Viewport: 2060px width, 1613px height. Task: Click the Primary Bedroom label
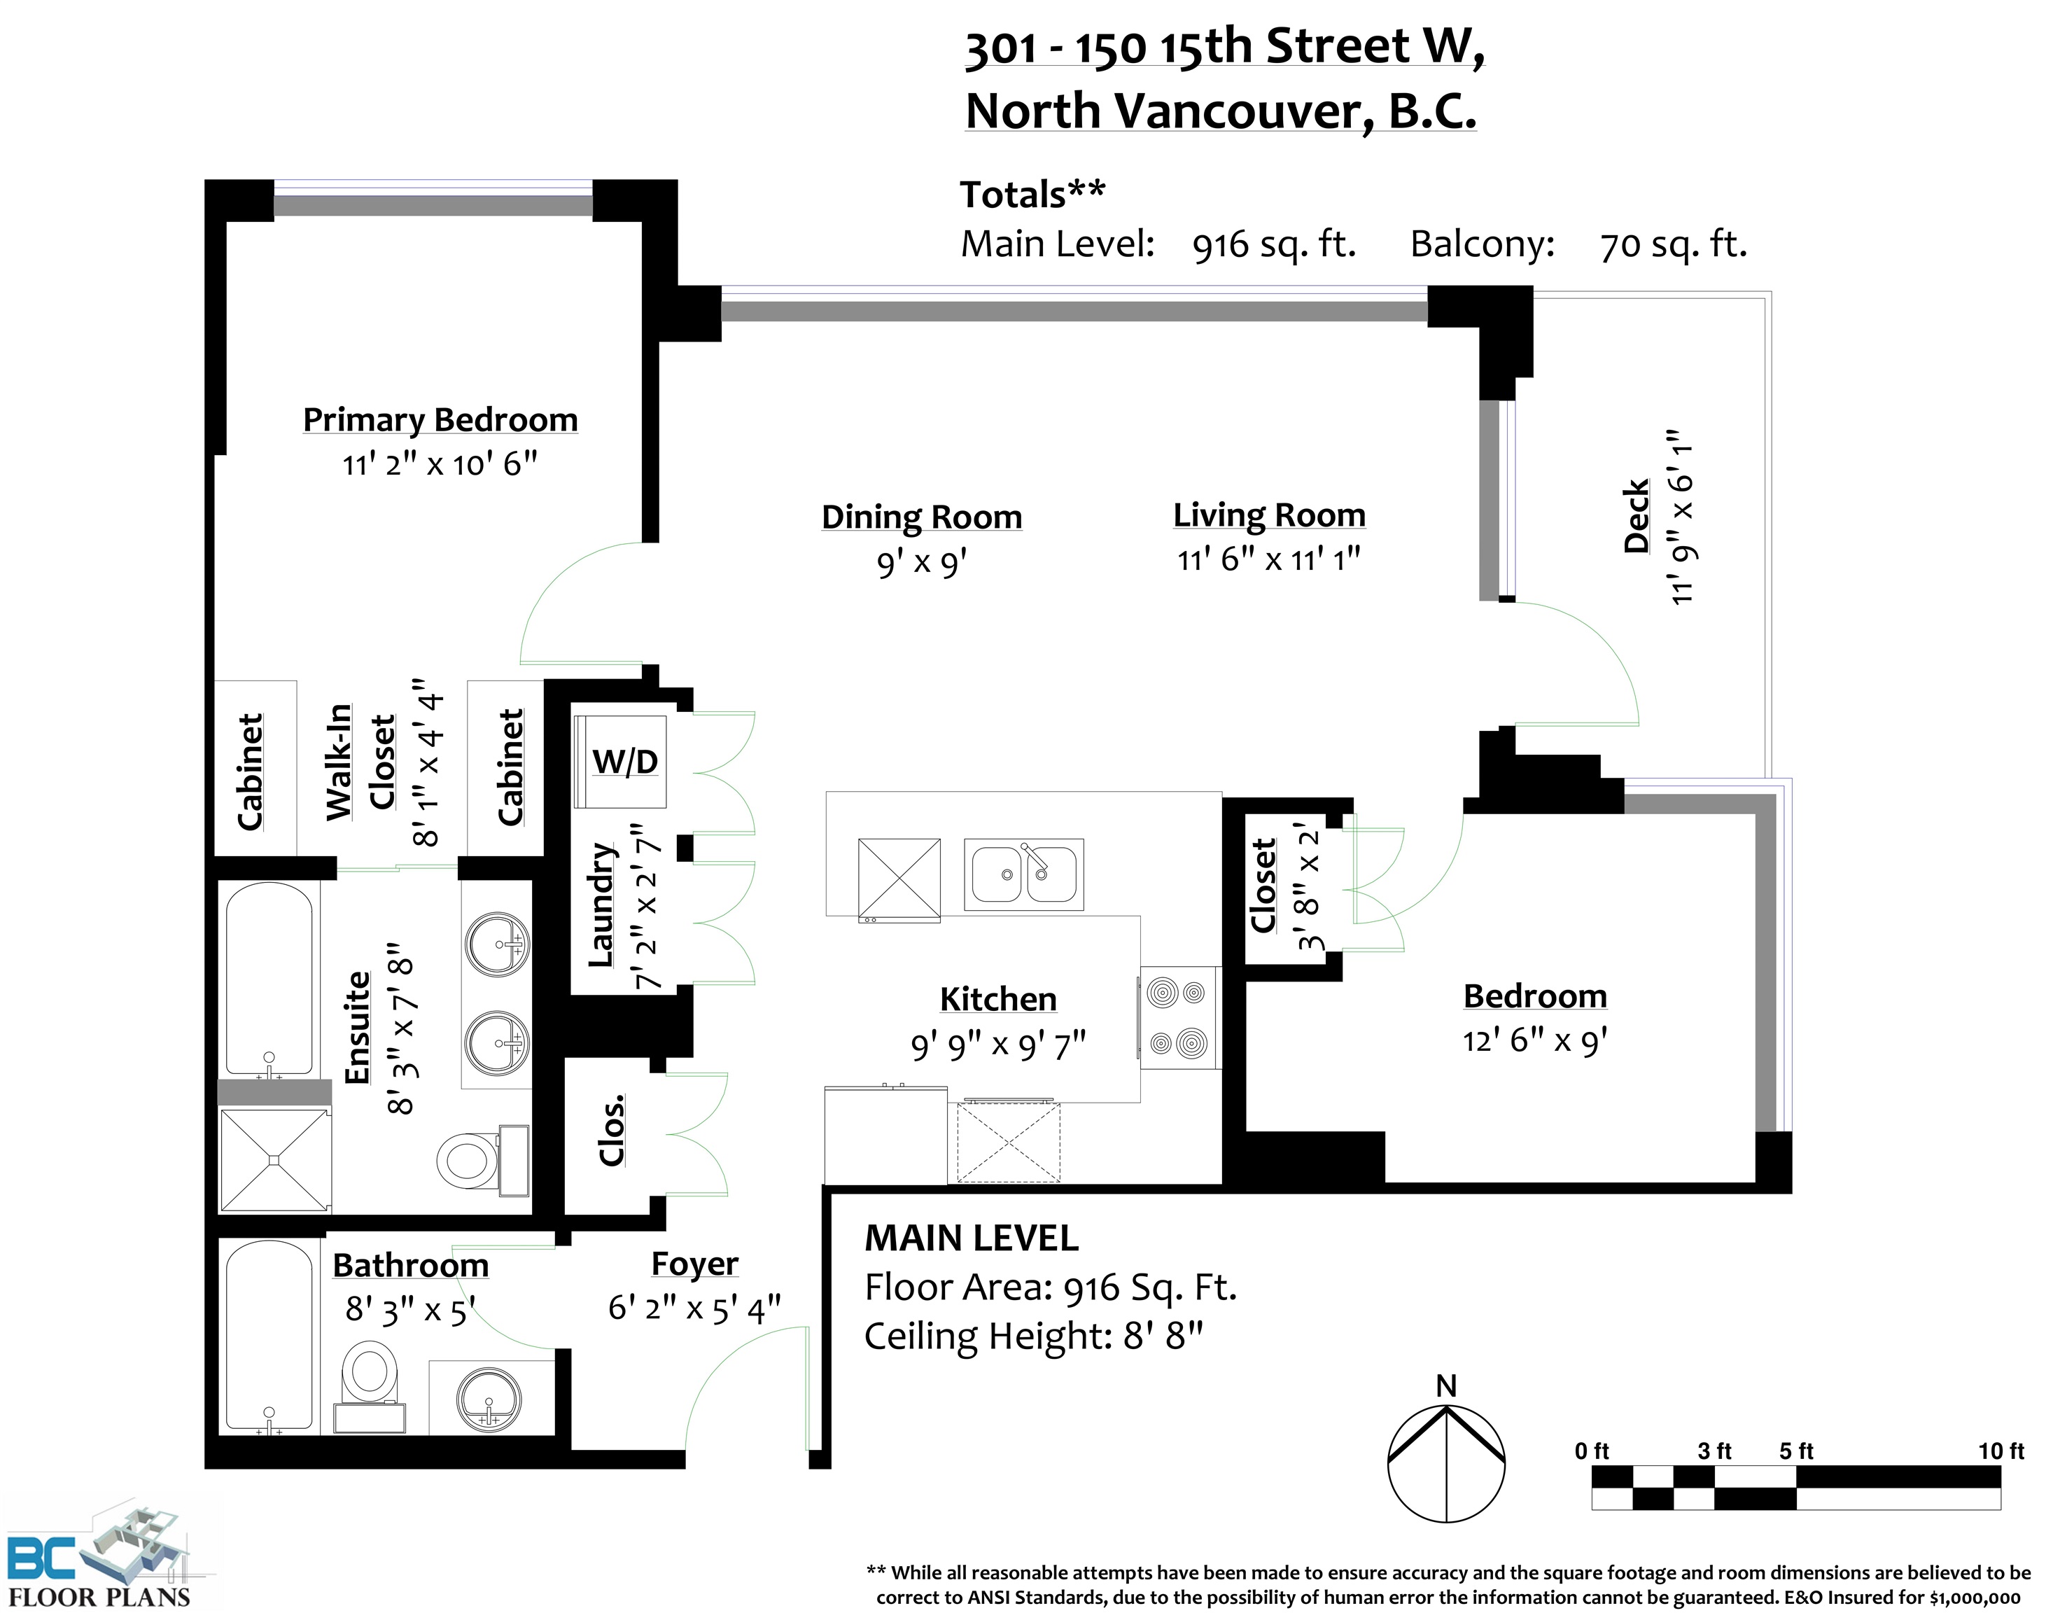[440, 419]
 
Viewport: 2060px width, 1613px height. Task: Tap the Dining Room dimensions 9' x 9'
[921, 563]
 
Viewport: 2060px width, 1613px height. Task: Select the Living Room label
[1269, 515]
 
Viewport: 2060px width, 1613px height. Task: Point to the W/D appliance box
[620, 761]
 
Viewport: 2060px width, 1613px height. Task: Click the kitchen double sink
[1024, 874]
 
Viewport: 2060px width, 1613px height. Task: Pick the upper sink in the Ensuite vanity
[498, 944]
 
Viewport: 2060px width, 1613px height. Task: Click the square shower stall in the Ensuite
[274, 1161]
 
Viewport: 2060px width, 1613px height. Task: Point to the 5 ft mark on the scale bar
[1795, 1451]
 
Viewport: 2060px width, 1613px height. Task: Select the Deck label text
[1635, 516]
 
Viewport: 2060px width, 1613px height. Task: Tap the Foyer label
[695, 1264]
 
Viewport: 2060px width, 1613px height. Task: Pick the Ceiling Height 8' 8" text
[1034, 1336]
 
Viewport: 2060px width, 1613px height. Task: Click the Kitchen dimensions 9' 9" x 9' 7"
[998, 1045]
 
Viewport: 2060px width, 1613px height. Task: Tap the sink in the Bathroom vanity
[488, 1400]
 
